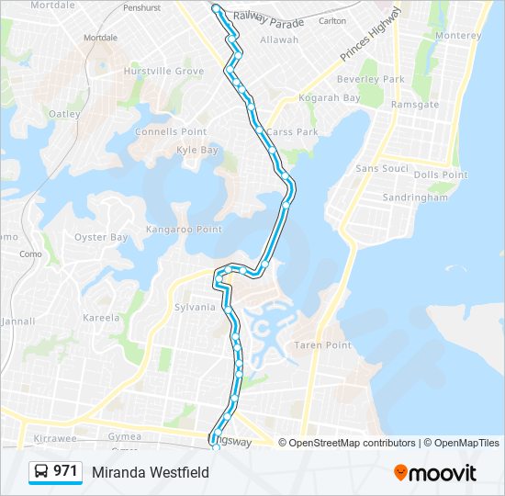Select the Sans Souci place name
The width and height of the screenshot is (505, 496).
coord(381,169)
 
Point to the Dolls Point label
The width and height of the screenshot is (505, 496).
coord(441,175)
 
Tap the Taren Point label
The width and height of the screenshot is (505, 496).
coord(322,345)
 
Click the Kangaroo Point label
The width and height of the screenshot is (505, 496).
coord(185,229)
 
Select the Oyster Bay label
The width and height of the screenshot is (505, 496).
coord(101,237)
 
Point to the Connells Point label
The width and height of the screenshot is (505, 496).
coord(171,132)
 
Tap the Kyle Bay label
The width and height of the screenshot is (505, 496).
coord(197,150)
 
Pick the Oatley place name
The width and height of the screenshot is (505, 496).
coord(64,114)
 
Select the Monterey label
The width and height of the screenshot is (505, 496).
coord(459,36)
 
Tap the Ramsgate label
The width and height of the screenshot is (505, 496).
coord(415,105)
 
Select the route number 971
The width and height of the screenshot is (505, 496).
coord(65,471)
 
